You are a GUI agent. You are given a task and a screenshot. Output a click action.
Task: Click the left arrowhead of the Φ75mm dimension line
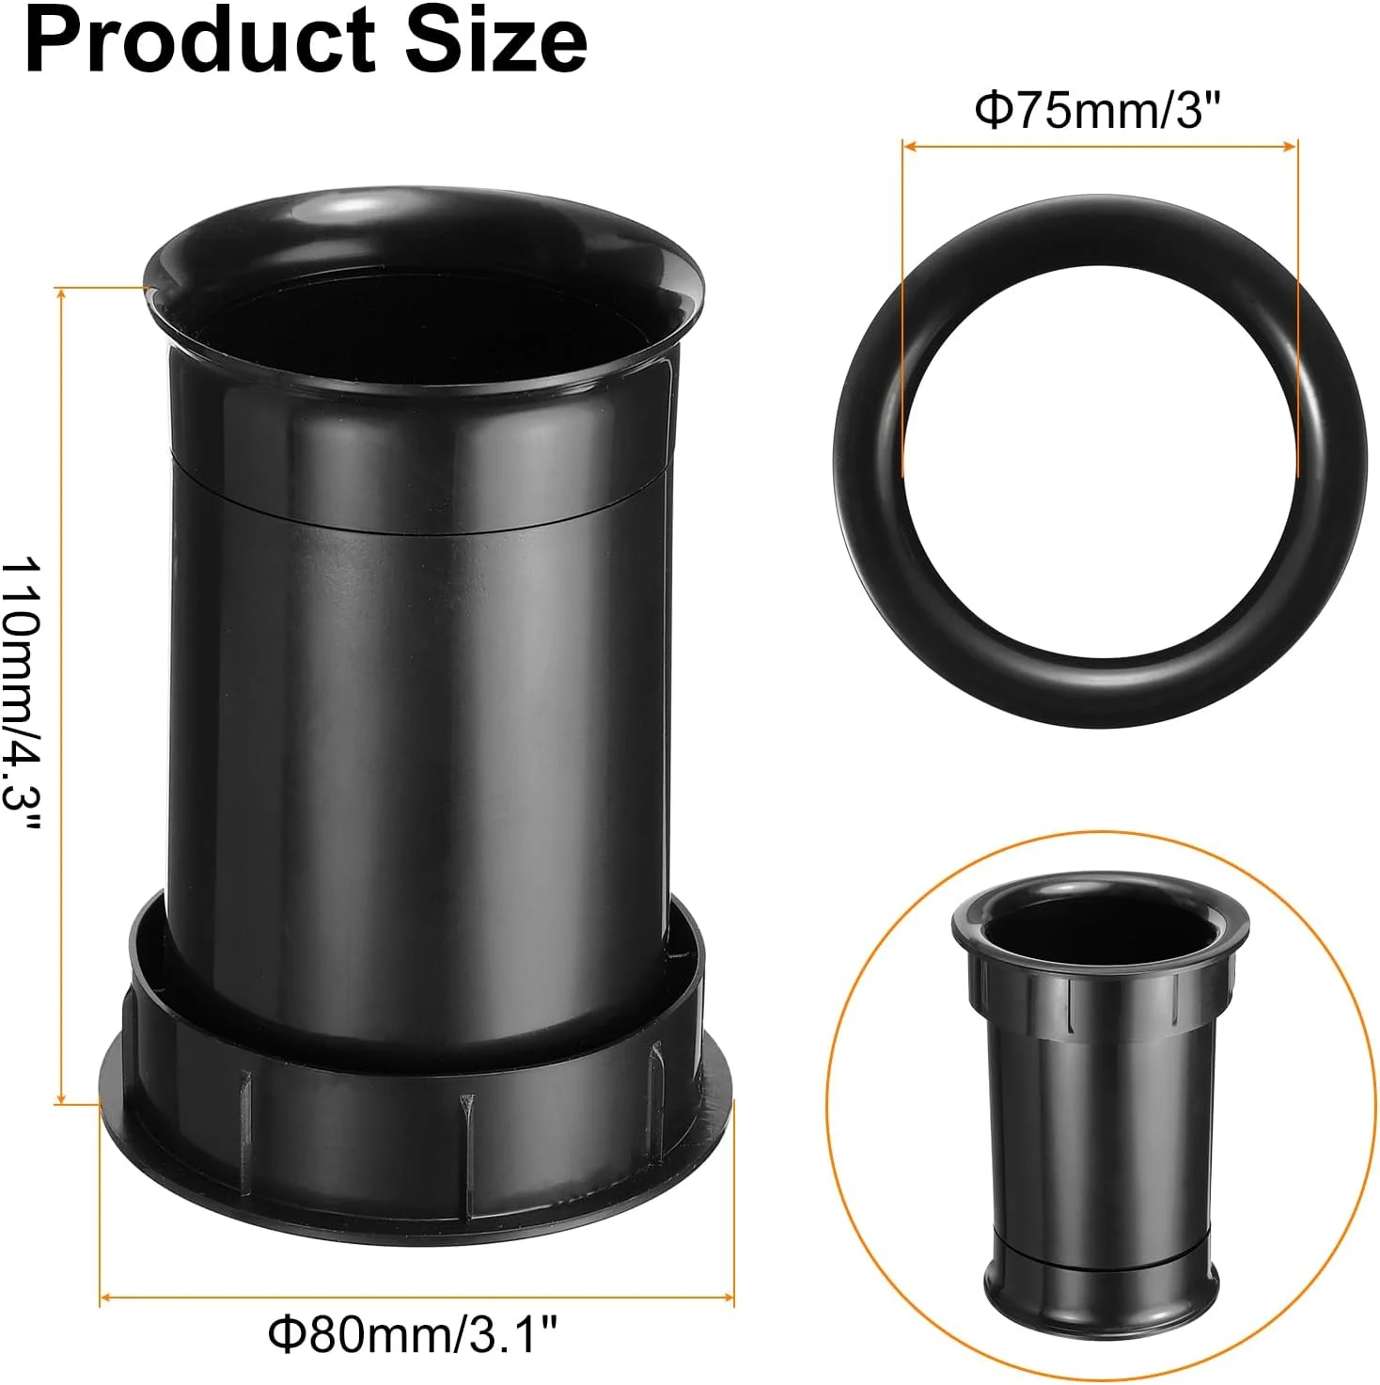click(908, 147)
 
